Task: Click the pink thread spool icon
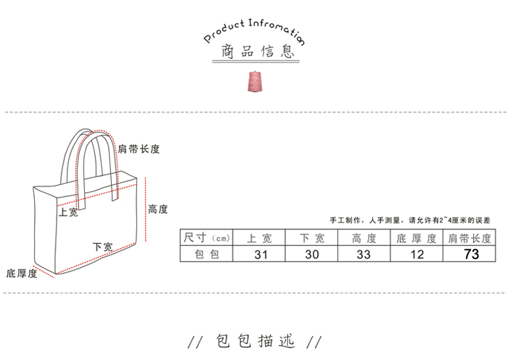point(255,81)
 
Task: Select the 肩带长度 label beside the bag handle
point(139,149)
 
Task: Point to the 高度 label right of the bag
point(158,209)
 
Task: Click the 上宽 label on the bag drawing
point(69,213)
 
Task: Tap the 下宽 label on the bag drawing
point(103,247)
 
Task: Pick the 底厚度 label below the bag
point(22,274)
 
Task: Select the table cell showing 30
point(311,254)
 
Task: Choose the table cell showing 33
point(364,254)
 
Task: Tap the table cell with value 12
point(417,254)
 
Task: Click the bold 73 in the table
point(471,254)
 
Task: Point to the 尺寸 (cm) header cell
point(207,237)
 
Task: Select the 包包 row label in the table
point(207,254)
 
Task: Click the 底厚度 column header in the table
point(417,237)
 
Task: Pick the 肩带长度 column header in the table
point(470,237)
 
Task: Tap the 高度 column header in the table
point(364,237)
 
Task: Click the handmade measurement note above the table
point(410,219)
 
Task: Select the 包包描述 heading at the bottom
point(254,341)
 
